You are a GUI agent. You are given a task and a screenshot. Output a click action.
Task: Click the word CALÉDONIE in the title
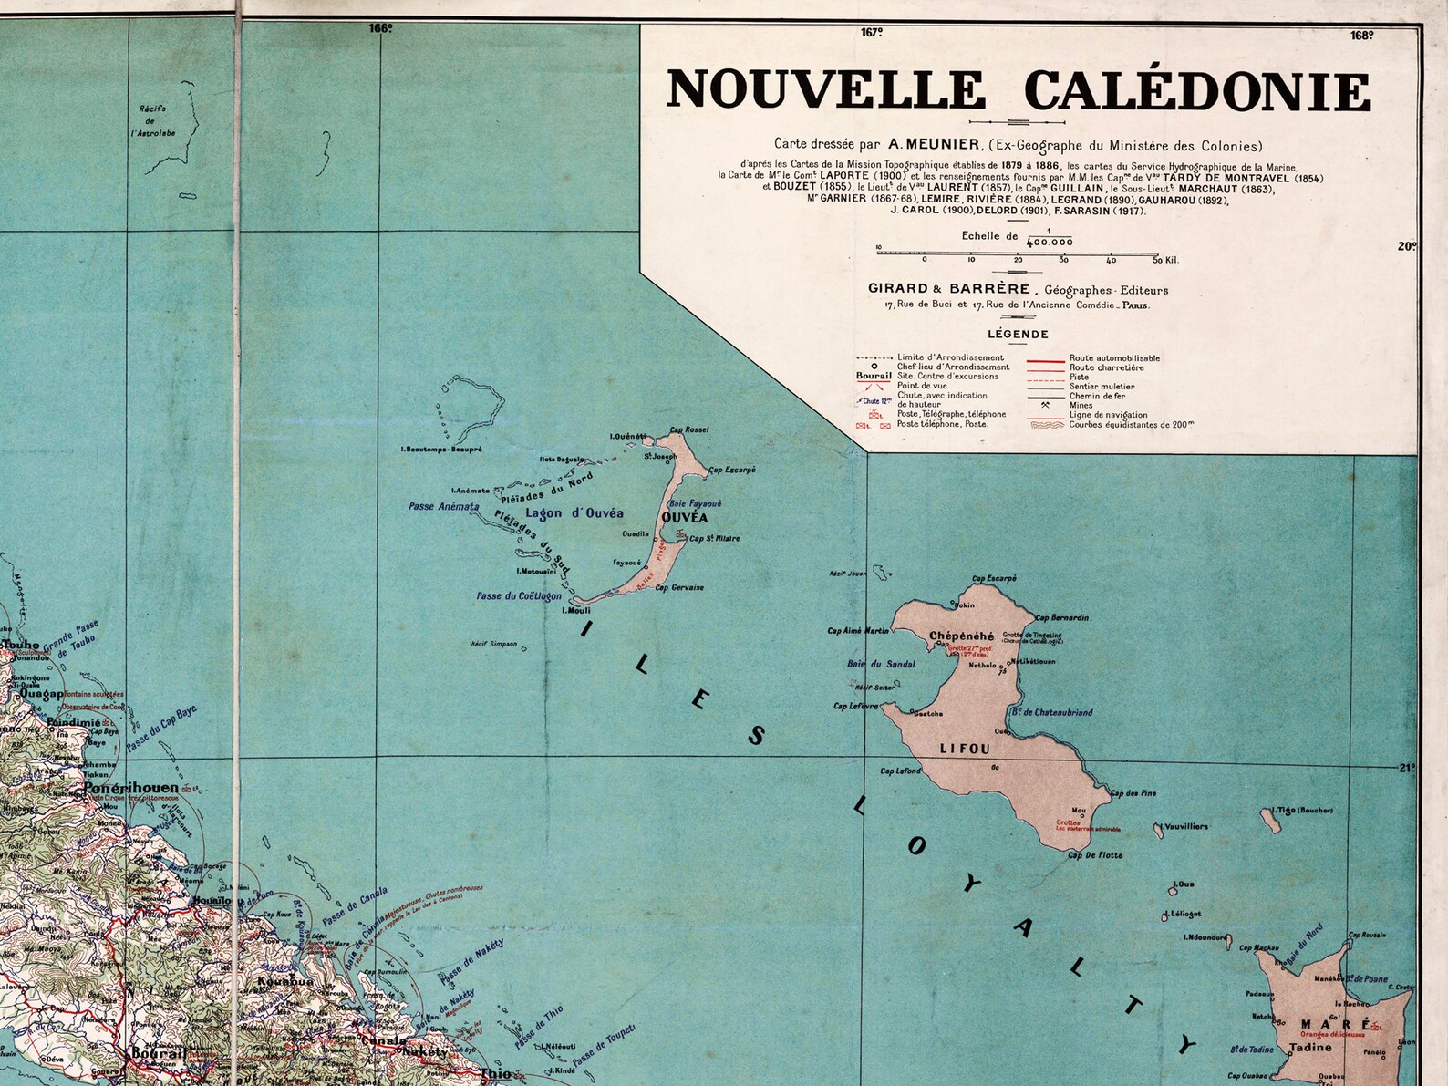pyautogui.click(x=1196, y=90)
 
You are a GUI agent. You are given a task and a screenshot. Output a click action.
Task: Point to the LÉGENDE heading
pyautogui.click(x=1018, y=334)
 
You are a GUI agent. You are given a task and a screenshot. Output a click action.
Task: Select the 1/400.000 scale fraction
pyautogui.click(x=1049, y=238)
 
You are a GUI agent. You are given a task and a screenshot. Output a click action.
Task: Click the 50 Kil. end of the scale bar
pyautogui.click(x=1164, y=260)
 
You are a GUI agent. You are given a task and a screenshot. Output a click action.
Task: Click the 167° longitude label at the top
pyautogui.click(x=872, y=33)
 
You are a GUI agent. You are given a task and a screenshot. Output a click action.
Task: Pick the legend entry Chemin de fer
pyautogui.click(x=1093, y=396)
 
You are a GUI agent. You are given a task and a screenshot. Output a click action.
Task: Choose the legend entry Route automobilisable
pyautogui.click(x=1114, y=358)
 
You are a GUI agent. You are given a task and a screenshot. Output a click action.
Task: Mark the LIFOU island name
pyautogui.click(x=965, y=749)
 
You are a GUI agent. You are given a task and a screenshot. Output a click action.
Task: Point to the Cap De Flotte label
pyautogui.click(x=1095, y=855)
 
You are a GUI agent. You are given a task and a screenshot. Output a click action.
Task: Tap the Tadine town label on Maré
pyautogui.click(x=1304, y=1048)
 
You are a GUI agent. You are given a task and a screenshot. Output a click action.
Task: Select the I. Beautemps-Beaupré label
pyautogui.click(x=441, y=450)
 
